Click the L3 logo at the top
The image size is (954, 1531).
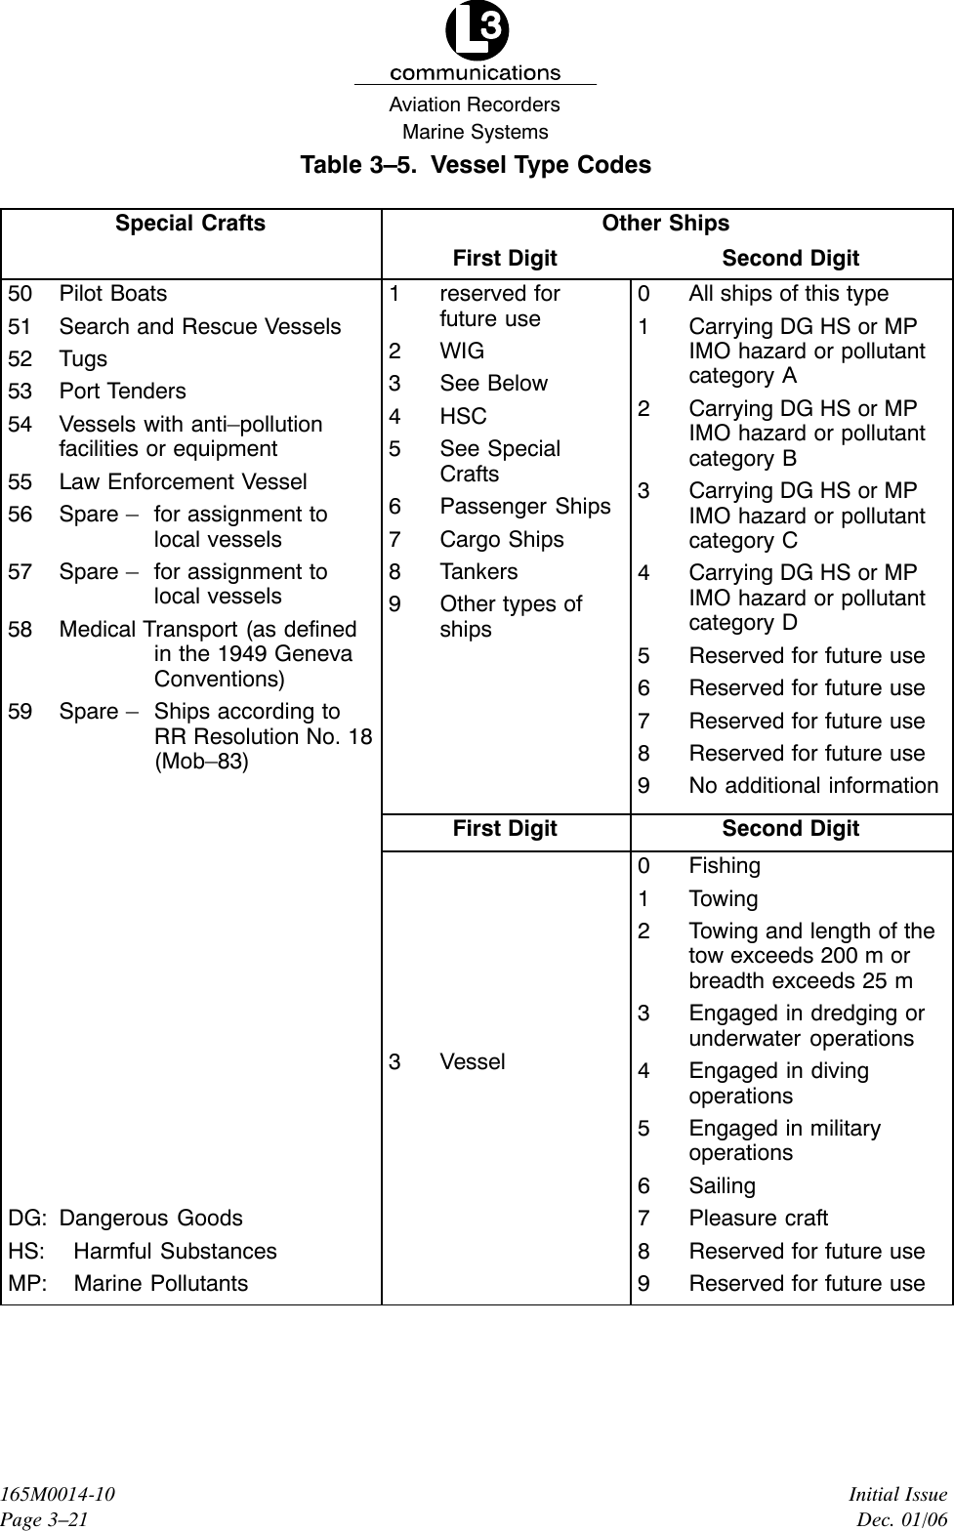click(477, 35)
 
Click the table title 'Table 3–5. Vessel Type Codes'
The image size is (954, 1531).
click(476, 164)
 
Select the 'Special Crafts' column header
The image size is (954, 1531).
click(190, 224)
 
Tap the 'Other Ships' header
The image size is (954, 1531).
click(665, 224)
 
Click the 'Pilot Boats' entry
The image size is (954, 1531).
click(112, 294)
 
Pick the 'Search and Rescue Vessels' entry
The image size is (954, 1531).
click(199, 327)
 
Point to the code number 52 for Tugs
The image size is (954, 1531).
click(21, 359)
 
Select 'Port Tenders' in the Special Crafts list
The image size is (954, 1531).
click(122, 392)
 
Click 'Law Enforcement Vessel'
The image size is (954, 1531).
click(183, 482)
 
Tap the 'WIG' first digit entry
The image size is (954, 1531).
click(462, 352)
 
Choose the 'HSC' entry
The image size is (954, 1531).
click(463, 417)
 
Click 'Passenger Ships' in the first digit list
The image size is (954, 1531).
click(524, 507)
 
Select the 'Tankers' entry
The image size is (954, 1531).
click(478, 572)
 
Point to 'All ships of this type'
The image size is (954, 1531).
click(788, 294)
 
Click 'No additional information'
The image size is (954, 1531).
click(813, 786)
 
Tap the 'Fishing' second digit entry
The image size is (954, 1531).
click(724, 866)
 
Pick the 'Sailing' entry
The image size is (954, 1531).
click(722, 1186)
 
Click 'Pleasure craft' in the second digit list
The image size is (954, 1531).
click(758, 1219)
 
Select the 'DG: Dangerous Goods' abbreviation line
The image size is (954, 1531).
click(126, 1219)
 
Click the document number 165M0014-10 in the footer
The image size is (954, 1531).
click(58, 1496)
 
